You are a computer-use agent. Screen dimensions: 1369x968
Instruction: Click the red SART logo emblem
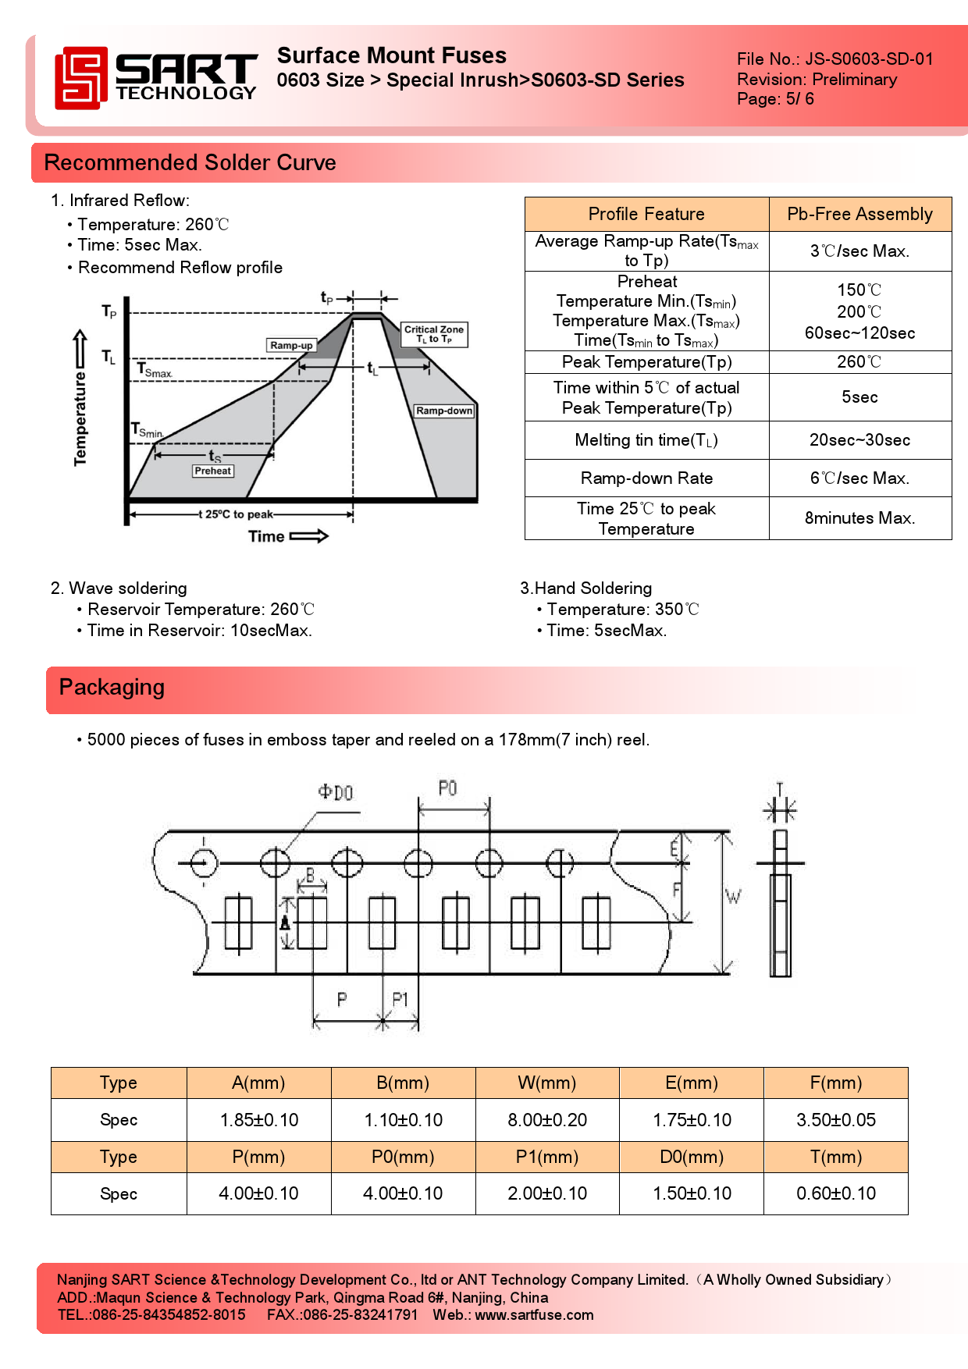coord(80,77)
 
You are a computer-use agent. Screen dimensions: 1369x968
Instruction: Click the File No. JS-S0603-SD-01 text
coord(835,59)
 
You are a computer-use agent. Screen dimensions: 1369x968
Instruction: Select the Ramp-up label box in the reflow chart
coord(291,345)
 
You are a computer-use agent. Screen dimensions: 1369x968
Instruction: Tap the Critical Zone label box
coord(434,334)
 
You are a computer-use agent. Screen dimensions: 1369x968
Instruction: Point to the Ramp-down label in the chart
coord(444,411)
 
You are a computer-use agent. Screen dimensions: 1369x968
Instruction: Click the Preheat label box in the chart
coord(213,471)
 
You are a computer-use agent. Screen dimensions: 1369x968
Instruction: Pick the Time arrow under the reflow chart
coord(309,536)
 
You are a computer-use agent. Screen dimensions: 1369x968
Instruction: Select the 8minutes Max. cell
coord(859,518)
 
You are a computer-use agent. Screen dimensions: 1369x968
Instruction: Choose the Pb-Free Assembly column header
coord(859,214)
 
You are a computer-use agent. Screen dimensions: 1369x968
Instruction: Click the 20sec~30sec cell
coord(859,440)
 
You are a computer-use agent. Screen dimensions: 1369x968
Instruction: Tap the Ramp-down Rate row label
coord(646,478)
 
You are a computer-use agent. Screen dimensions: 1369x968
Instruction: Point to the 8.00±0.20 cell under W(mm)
coord(547,1120)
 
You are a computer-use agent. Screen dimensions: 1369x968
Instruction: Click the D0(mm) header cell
coord(692,1157)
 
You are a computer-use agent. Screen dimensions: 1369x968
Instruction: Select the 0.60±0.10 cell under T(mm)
coord(836,1193)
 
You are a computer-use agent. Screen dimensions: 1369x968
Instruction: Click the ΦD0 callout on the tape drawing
coord(336,793)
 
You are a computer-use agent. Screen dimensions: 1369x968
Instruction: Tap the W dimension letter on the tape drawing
coord(733,897)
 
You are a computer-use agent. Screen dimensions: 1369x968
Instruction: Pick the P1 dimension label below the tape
coord(400,999)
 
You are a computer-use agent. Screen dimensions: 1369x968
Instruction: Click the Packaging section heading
coord(112,688)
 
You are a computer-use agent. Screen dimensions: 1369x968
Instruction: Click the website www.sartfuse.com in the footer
coord(534,1315)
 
